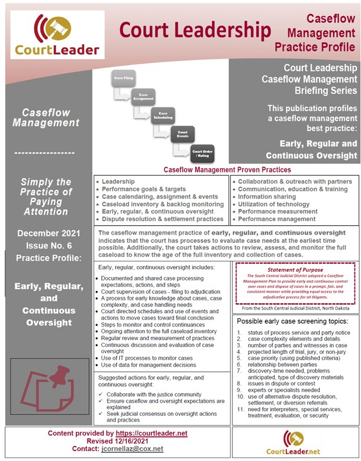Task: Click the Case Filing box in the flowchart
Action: pos(123,78)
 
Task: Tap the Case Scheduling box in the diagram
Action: pos(163,115)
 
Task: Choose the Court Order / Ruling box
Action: pos(201,154)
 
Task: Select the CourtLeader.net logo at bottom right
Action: pos(293,443)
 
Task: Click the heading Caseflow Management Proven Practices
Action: pos(227,170)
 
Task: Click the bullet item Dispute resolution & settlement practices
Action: pos(162,219)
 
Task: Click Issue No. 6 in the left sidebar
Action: pos(49,245)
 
